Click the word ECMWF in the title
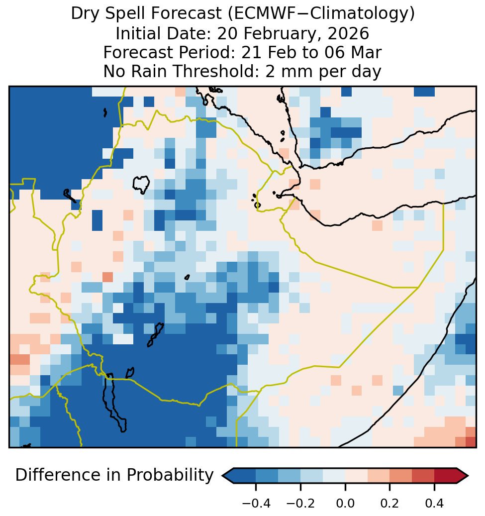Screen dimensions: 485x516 (267, 14)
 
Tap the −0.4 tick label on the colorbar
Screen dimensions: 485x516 (256, 504)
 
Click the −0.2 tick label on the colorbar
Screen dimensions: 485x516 (300, 504)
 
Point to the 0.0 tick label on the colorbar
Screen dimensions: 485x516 (345, 504)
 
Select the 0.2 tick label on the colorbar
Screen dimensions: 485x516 (389, 504)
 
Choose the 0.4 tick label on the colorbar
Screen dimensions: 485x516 (434, 504)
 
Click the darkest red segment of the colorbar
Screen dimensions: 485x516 (446, 476)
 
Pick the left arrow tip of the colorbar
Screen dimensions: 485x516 (222, 476)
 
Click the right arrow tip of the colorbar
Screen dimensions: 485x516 (468, 476)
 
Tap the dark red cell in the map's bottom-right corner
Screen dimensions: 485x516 (471, 442)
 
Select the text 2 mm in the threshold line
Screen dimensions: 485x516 (289, 72)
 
